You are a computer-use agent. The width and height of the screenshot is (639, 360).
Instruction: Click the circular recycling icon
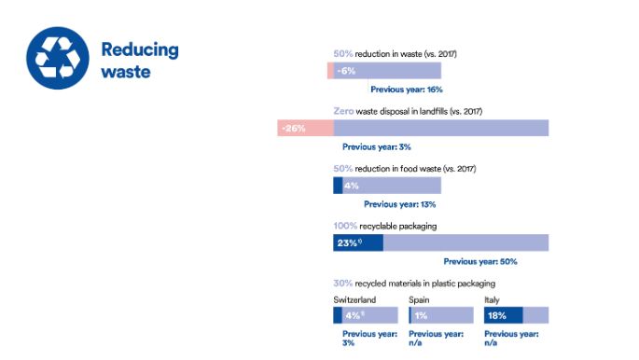tap(58, 58)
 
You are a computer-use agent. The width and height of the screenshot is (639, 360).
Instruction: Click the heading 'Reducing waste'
tap(139, 60)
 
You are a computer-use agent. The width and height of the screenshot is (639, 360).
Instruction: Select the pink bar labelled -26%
tap(304, 128)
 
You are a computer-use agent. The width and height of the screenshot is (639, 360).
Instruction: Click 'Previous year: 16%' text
tap(406, 90)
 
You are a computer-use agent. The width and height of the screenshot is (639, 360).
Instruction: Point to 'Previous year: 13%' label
tap(399, 204)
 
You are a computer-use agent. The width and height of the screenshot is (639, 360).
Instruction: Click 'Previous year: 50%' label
tap(479, 262)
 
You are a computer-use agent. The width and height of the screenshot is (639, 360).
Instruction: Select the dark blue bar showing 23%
tap(357, 242)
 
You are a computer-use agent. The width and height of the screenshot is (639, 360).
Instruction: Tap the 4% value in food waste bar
tap(352, 186)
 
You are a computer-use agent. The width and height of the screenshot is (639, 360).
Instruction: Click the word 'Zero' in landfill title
tap(343, 111)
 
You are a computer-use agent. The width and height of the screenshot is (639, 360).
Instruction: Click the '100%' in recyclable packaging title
tap(346, 226)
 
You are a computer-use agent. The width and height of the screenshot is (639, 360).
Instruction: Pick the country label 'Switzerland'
tap(354, 299)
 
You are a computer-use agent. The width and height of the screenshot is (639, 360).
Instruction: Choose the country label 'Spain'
tap(420, 299)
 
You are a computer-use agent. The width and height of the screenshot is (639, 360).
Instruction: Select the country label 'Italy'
tap(492, 299)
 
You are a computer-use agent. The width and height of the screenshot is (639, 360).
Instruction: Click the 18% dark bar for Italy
tap(504, 315)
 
